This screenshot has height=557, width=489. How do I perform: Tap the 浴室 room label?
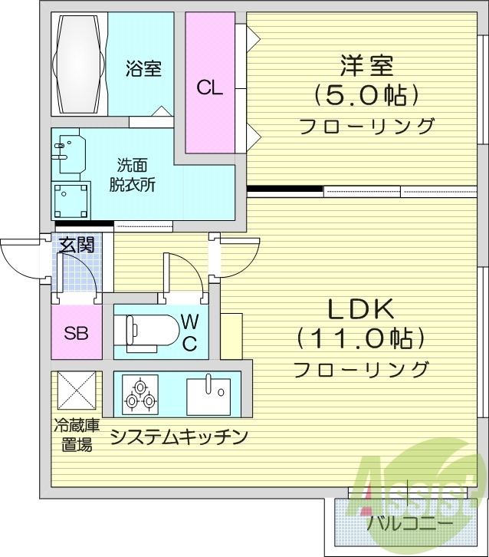click(x=143, y=69)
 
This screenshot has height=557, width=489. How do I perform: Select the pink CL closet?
click(x=209, y=86)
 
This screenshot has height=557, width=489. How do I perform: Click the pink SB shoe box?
click(x=76, y=333)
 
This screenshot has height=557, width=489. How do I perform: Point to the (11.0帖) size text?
click(x=360, y=338)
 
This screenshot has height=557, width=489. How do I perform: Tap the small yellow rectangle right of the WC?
click(x=231, y=335)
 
